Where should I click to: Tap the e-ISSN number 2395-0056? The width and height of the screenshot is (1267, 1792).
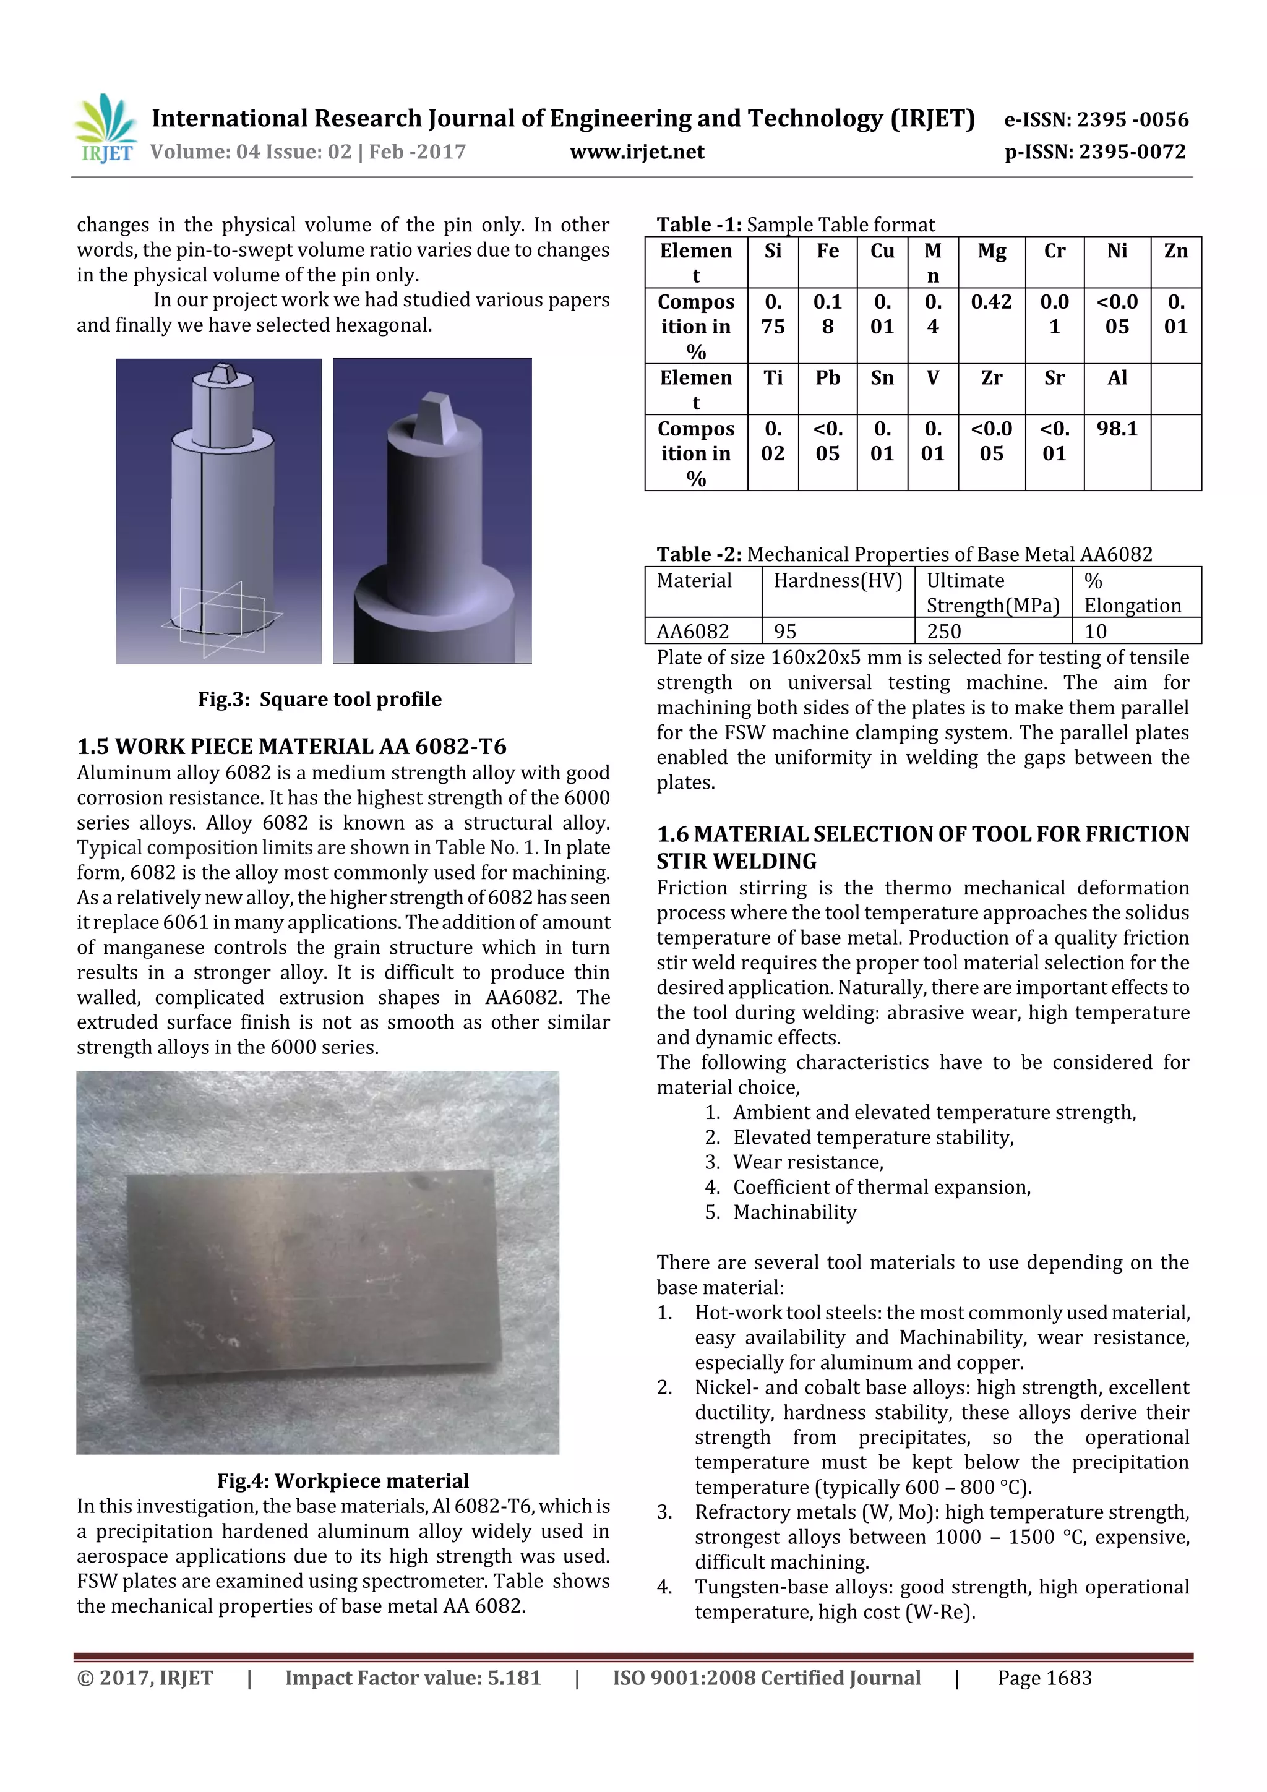pos(1132,119)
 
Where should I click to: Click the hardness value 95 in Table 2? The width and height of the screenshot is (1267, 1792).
pos(788,631)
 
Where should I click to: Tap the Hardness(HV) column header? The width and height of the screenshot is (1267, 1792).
pos(837,581)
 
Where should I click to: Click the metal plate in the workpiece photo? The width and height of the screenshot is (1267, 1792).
pos(312,1272)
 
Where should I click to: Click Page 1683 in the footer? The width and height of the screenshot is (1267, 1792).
pos(1044,1678)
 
